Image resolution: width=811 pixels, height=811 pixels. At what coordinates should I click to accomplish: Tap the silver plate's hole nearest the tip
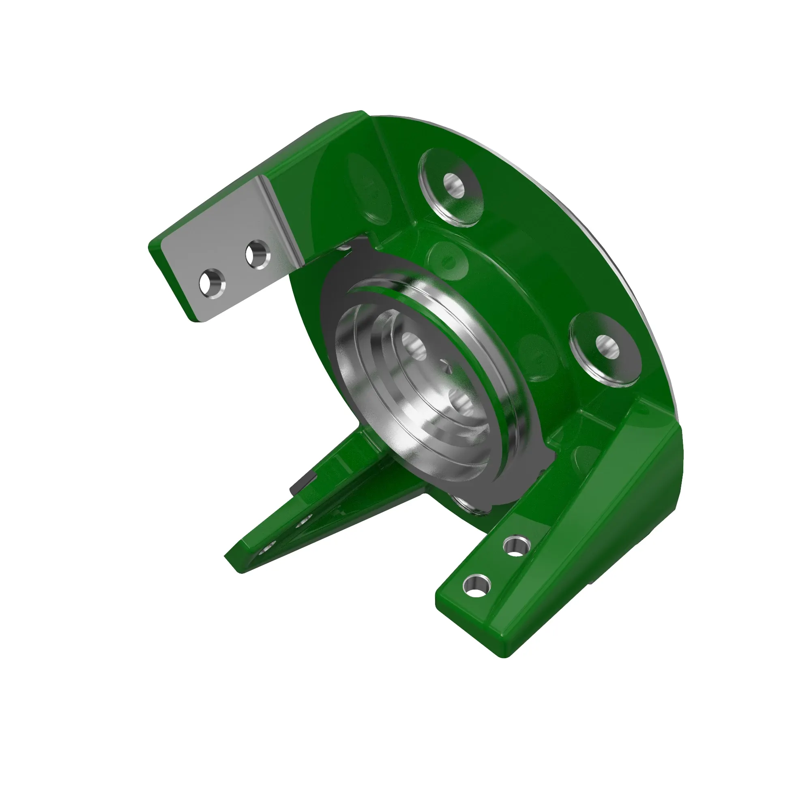(x=212, y=284)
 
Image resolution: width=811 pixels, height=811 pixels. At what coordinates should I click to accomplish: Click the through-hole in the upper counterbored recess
(x=453, y=186)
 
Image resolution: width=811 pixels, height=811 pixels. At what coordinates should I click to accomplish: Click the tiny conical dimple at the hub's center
(x=448, y=369)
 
